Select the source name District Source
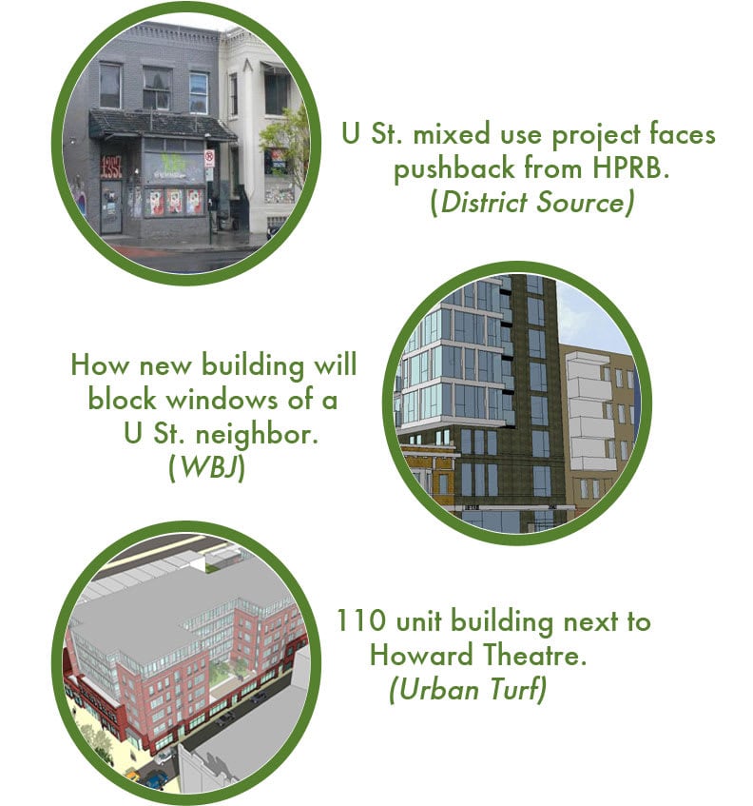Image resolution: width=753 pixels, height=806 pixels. pyautogui.click(x=531, y=204)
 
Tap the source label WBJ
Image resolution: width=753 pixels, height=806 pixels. pyautogui.click(x=207, y=468)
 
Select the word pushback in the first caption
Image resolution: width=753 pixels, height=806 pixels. pyautogui.click(x=453, y=170)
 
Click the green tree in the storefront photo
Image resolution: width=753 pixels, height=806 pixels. pyautogui.click(x=291, y=133)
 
